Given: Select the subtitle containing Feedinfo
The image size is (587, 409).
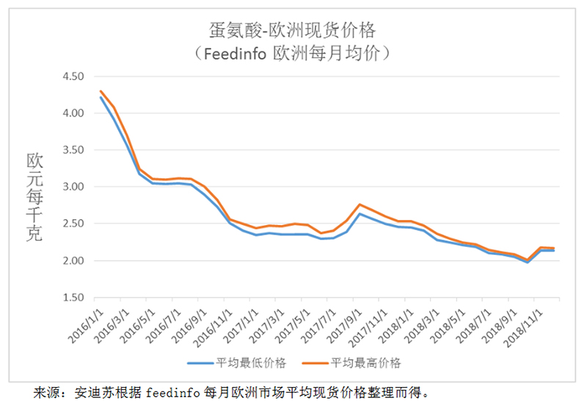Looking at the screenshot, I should click(x=293, y=54).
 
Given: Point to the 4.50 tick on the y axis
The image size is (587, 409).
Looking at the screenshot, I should click(x=75, y=77).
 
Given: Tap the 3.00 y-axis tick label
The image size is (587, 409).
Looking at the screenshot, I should click(x=75, y=187).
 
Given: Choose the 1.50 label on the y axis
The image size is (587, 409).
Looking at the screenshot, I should click(x=75, y=298).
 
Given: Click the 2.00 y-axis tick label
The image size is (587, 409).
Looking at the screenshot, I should click(x=75, y=261).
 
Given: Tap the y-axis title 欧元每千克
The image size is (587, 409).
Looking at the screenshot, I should click(x=34, y=196).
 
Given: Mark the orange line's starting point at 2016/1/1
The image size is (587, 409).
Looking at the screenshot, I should click(x=100, y=91).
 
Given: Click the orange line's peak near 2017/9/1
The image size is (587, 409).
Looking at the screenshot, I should click(x=360, y=204).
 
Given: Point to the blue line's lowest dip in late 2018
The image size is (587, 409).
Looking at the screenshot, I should click(x=527, y=262).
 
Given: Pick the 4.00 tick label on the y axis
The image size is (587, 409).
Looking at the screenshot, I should click(x=75, y=114).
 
